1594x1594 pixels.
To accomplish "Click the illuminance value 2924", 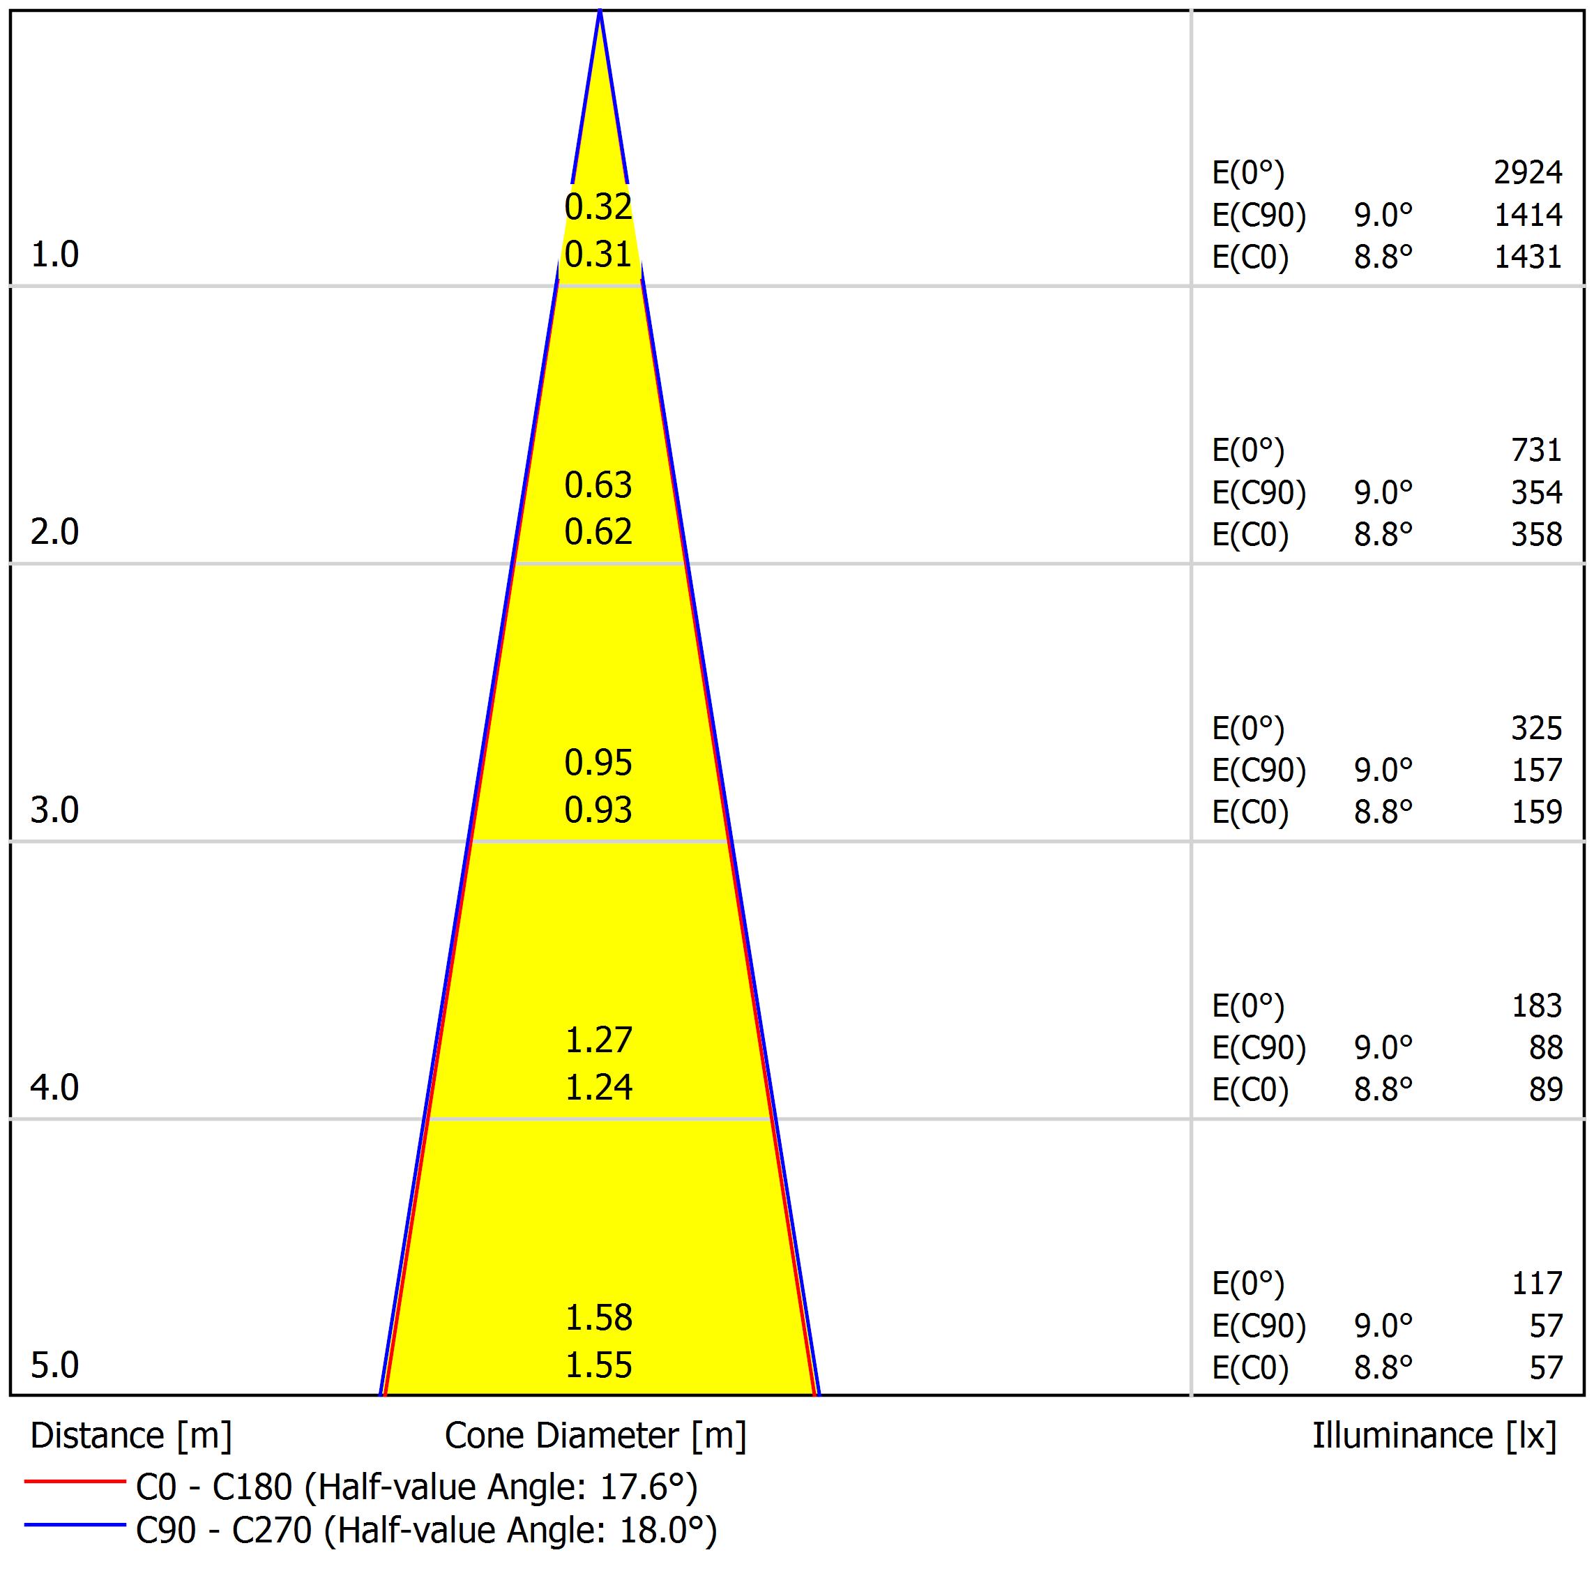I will (1528, 172).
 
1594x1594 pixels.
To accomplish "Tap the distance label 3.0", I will (54, 810).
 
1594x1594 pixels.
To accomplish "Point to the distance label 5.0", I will (54, 1365).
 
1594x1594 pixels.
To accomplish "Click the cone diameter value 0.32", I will (598, 207).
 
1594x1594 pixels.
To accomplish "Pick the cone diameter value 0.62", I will (598, 532).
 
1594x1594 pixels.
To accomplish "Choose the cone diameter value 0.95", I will (598, 763).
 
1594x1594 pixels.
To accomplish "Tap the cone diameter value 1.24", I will (598, 1087).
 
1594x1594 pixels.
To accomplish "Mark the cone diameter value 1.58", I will (598, 1319).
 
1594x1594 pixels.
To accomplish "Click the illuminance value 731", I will (1536, 450).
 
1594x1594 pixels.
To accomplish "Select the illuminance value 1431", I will (1528, 257).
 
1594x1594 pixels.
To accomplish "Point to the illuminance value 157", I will (1536, 771).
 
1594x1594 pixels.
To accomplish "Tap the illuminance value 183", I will (1536, 1005).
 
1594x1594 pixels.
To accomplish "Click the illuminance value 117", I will (1536, 1284).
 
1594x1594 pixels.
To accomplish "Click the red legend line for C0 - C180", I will (74, 1482).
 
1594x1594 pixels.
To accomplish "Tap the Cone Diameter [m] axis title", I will (595, 1436).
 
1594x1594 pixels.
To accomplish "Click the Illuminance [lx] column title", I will (1434, 1436).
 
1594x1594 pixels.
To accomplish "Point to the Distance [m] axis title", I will (131, 1436).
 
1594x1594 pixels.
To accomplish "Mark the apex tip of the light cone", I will (600, 13).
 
